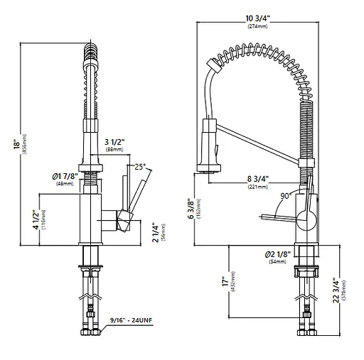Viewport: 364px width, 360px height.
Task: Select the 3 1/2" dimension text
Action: pyautogui.click(x=114, y=142)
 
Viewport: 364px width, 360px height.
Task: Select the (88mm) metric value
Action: pyautogui.click(x=114, y=151)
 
